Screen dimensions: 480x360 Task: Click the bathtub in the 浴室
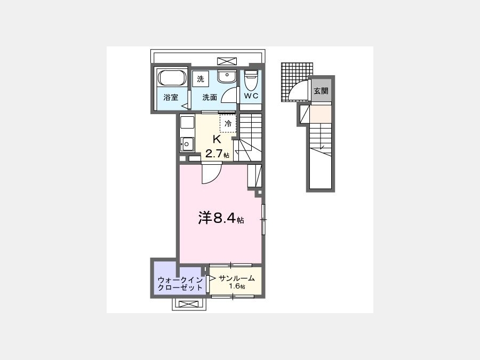coord(172,78)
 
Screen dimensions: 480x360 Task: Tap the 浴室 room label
coord(171,98)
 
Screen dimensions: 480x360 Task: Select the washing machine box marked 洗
coord(201,79)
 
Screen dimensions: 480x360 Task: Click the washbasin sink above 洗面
coord(227,76)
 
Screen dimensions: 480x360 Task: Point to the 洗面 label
coord(210,98)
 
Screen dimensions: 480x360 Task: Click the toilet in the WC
coord(252,79)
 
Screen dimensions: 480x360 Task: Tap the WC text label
coord(251,96)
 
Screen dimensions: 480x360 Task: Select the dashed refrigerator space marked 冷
coord(228,123)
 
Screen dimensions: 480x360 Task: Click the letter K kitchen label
coord(217,139)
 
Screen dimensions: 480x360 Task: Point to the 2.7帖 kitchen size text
coord(217,154)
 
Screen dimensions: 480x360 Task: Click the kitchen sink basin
coord(187,144)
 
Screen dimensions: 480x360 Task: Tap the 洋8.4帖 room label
coord(221,218)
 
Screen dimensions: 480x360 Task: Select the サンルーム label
coord(237,278)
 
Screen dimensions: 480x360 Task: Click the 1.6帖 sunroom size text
coord(237,286)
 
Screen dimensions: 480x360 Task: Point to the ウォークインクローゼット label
coord(180,284)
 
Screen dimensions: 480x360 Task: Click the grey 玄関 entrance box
coord(321,91)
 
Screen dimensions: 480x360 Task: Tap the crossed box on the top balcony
coord(227,61)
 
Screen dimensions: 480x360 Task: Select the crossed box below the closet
coord(189,305)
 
